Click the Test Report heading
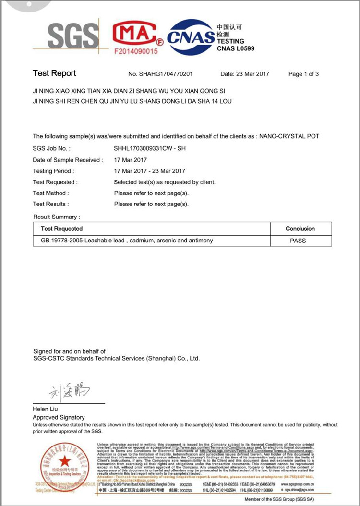[54, 73]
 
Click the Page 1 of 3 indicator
[303, 74]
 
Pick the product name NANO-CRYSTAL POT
[289, 136]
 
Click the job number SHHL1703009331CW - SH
[149, 149]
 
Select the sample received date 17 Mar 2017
[131, 160]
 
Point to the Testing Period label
[53, 171]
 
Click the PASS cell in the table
[300, 240]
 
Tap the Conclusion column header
[300, 229]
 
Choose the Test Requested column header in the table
[61, 229]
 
